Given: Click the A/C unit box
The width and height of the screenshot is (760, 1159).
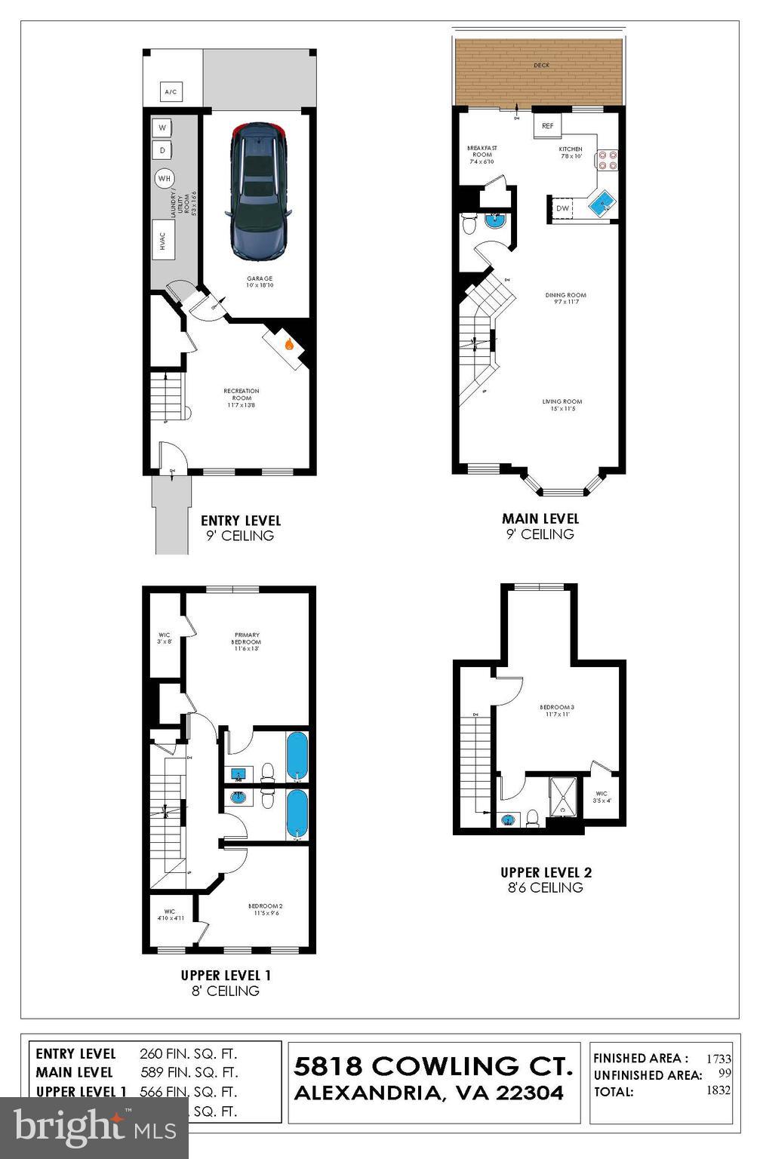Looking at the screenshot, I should tap(171, 92).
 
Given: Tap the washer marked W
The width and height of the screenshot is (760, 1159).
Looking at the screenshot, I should tap(162, 128).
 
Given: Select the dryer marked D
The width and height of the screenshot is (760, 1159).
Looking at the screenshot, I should tap(162, 151).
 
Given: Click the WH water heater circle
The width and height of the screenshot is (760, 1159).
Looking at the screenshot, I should tap(164, 179).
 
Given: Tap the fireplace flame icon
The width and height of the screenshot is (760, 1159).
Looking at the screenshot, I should tap(288, 344).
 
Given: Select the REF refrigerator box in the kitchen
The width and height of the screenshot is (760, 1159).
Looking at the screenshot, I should tap(547, 126).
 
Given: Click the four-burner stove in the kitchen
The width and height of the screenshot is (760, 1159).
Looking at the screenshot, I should tap(608, 160).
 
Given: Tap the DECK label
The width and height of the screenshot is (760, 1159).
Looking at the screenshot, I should tap(541, 66).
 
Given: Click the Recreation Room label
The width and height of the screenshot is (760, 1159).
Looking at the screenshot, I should tap(241, 398).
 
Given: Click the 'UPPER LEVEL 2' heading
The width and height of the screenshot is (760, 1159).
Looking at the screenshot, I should tap(546, 872).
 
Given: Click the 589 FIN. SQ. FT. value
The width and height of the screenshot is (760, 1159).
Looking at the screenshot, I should tap(189, 1072).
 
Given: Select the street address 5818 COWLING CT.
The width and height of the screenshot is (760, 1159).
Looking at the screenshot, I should tap(433, 1066).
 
